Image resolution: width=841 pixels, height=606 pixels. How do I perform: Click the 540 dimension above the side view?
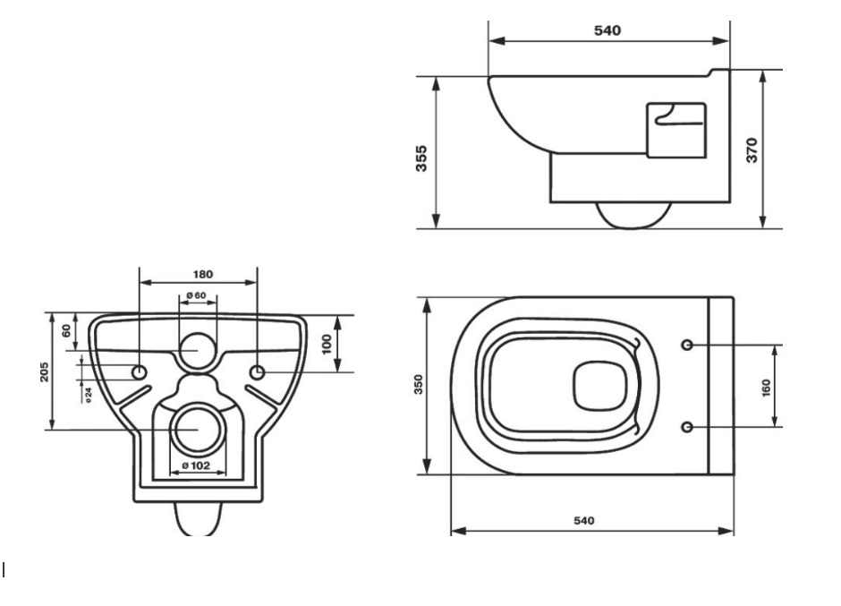608,30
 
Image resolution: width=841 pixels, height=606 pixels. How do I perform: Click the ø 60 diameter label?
197,296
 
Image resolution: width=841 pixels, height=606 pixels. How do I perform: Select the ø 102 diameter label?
198,465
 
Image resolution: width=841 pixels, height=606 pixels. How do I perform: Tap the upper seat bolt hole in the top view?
687,345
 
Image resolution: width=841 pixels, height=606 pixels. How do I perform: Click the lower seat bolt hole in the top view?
687,425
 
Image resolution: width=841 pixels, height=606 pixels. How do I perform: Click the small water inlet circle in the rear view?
198,351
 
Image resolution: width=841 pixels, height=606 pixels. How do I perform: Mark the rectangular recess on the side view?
675,130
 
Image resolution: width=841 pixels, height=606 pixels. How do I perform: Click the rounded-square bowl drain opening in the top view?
596,385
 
